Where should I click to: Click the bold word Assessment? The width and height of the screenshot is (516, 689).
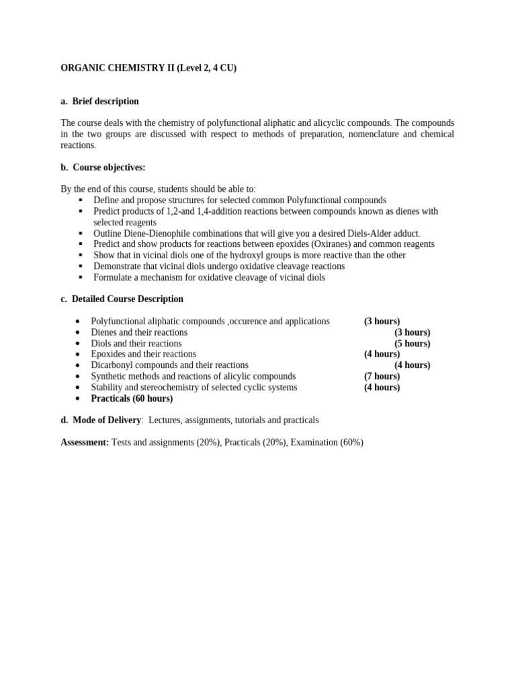pyautogui.click(x=85, y=442)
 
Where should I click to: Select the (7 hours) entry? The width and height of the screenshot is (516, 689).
pyautogui.click(x=382, y=376)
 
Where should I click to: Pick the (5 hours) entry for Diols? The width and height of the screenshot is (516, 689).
pyautogui.click(x=412, y=343)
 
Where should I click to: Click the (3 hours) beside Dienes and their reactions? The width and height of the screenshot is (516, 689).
pyautogui.click(x=412, y=332)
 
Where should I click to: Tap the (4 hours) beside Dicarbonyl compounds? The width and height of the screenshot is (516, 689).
pyautogui.click(x=412, y=365)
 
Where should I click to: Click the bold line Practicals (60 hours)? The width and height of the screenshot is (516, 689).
pyautogui.click(x=132, y=398)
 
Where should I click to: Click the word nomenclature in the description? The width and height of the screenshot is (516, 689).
pyautogui.click(x=359, y=135)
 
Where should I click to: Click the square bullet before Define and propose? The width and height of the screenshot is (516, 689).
pyautogui.click(x=80, y=201)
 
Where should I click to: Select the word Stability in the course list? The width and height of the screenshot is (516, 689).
pyautogui.click(x=107, y=388)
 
